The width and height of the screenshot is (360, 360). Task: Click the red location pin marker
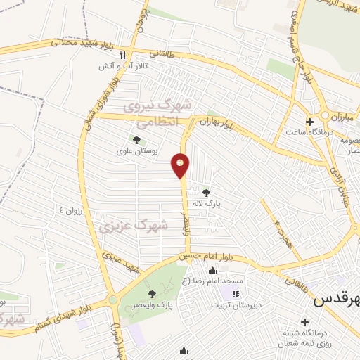(181, 165)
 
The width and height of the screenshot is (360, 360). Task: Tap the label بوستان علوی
(136, 151)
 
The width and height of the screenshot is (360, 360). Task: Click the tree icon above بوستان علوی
(136, 141)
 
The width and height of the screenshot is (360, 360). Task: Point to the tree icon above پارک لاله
(206, 191)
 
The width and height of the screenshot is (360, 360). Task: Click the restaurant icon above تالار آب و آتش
(123, 55)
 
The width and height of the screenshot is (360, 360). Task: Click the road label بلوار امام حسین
(210, 257)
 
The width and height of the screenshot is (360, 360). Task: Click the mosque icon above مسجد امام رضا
(212, 271)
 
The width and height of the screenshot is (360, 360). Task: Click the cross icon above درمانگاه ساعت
(309, 122)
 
